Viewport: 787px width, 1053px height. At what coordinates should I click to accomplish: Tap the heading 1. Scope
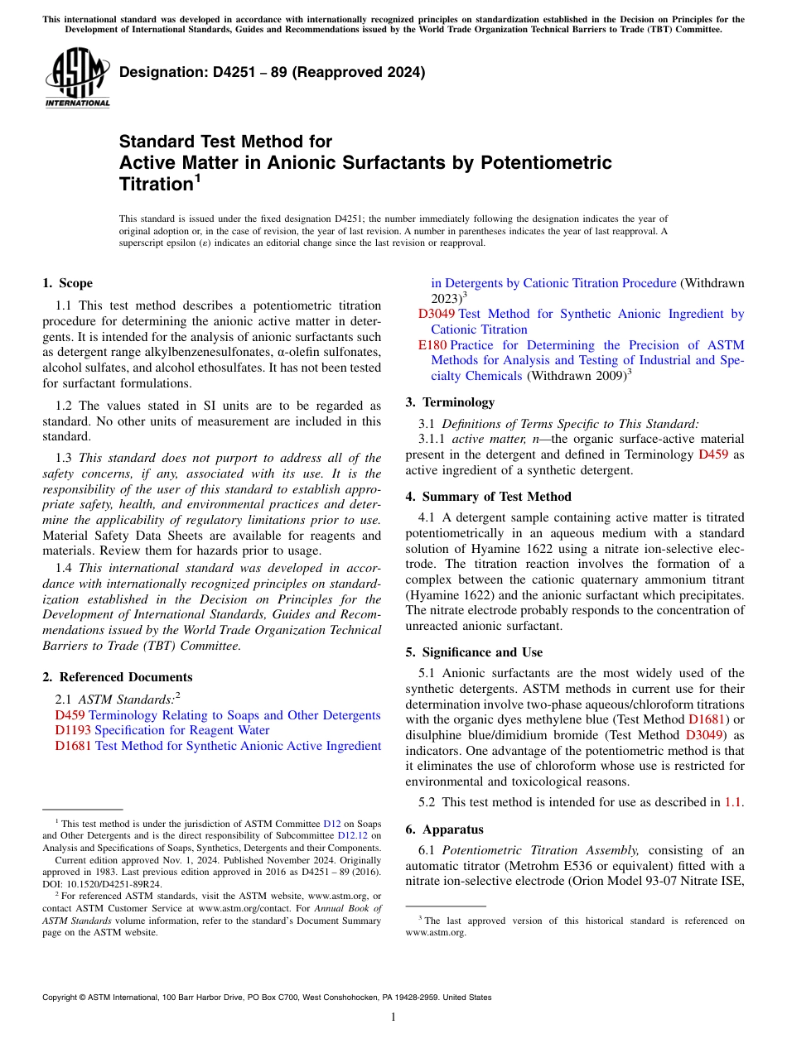68,283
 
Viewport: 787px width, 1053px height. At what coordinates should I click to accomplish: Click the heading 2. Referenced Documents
118,677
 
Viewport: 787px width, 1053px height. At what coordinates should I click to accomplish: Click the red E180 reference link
432,345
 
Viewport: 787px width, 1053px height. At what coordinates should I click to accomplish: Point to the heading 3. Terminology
450,402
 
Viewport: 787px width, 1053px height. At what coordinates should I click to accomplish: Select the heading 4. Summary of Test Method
489,497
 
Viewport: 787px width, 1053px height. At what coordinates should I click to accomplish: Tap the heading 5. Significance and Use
475,652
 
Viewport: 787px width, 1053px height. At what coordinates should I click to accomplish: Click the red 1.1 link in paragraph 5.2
732,801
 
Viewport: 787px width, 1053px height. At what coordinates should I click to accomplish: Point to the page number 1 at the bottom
393,1017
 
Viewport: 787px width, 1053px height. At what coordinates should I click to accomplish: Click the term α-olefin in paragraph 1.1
259,353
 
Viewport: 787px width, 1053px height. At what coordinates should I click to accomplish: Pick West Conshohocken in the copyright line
313,998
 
